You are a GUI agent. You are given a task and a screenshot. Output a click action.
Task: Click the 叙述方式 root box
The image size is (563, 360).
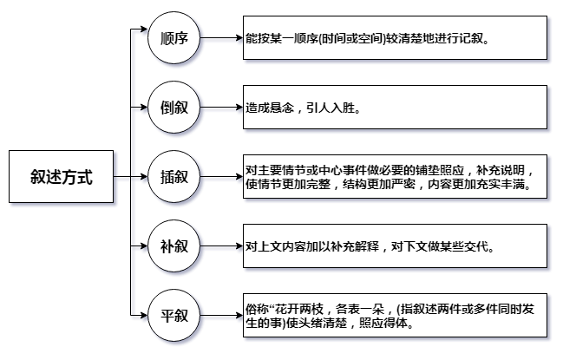point(61,177)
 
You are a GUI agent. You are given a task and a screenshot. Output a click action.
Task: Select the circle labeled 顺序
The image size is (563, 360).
point(173,37)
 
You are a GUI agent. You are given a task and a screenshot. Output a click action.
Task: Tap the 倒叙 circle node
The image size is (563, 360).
point(173,107)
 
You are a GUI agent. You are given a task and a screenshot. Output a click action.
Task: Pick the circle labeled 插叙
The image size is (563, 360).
point(173,177)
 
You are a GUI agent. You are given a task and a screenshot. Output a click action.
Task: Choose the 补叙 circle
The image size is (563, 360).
point(173,245)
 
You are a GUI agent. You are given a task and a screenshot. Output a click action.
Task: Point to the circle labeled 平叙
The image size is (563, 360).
point(173,316)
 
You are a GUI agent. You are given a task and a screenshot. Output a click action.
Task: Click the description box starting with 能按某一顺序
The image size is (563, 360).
point(395,37)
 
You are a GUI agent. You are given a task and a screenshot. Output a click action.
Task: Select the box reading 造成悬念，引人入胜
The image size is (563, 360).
point(395,107)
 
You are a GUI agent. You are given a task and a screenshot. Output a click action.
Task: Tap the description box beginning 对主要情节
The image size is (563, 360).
point(395,177)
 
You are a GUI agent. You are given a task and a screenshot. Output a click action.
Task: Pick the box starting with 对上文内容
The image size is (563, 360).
point(395,245)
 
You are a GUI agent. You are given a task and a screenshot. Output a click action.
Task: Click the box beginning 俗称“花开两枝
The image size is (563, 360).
point(395,316)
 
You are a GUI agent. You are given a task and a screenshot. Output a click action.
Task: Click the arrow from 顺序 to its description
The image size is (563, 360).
point(221,37)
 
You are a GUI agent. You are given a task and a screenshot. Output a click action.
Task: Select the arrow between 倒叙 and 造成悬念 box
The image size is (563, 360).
point(221,107)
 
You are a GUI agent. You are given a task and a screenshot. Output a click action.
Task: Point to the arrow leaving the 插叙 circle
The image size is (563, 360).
point(221,177)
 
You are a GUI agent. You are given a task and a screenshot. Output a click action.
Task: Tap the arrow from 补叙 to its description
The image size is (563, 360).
point(221,245)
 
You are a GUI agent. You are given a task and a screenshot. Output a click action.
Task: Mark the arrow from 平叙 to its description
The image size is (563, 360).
point(221,316)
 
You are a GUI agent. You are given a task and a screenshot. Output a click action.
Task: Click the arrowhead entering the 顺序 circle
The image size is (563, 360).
point(144,29)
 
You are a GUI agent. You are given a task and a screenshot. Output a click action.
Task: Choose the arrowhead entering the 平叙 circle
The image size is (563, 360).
point(144,316)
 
